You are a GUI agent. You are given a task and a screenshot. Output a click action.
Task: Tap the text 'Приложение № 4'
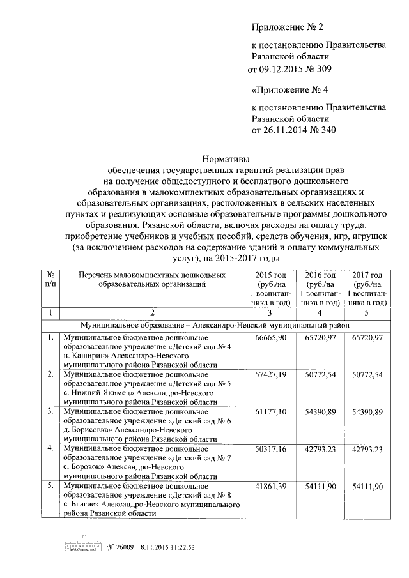pos(284,90)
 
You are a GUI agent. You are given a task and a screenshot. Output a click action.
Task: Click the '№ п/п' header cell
pos(50,279)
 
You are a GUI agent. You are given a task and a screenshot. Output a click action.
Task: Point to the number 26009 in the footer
pos(125,547)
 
